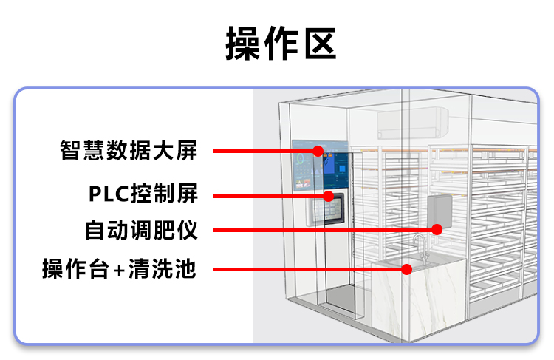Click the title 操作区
point(281,44)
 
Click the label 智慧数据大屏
point(129,151)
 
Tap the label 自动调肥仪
point(141,230)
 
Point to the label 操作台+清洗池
point(119,268)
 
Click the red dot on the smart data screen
point(318,151)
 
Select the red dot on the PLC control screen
point(329,196)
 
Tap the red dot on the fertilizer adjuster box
point(437,229)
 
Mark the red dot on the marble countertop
point(406,268)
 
